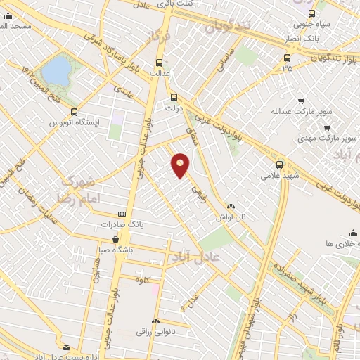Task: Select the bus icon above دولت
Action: pos(174,98)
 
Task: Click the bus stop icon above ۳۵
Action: pos(287,58)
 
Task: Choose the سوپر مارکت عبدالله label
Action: pos(295,111)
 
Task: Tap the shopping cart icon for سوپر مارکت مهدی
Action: pos(327,127)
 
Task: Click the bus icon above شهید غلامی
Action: pos(280,163)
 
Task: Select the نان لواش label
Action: pos(232,217)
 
